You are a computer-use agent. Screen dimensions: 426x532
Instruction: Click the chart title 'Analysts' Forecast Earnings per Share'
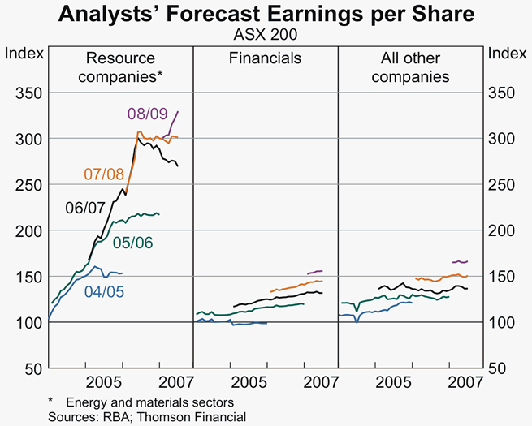tap(266, 15)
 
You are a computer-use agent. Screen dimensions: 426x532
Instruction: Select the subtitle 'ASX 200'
tap(266, 37)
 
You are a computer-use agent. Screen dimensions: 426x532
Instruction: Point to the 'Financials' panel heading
tap(265, 58)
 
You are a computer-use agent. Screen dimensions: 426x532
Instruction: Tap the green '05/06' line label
tap(133, 242)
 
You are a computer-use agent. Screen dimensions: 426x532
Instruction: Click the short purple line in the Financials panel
tap(314, 272)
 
